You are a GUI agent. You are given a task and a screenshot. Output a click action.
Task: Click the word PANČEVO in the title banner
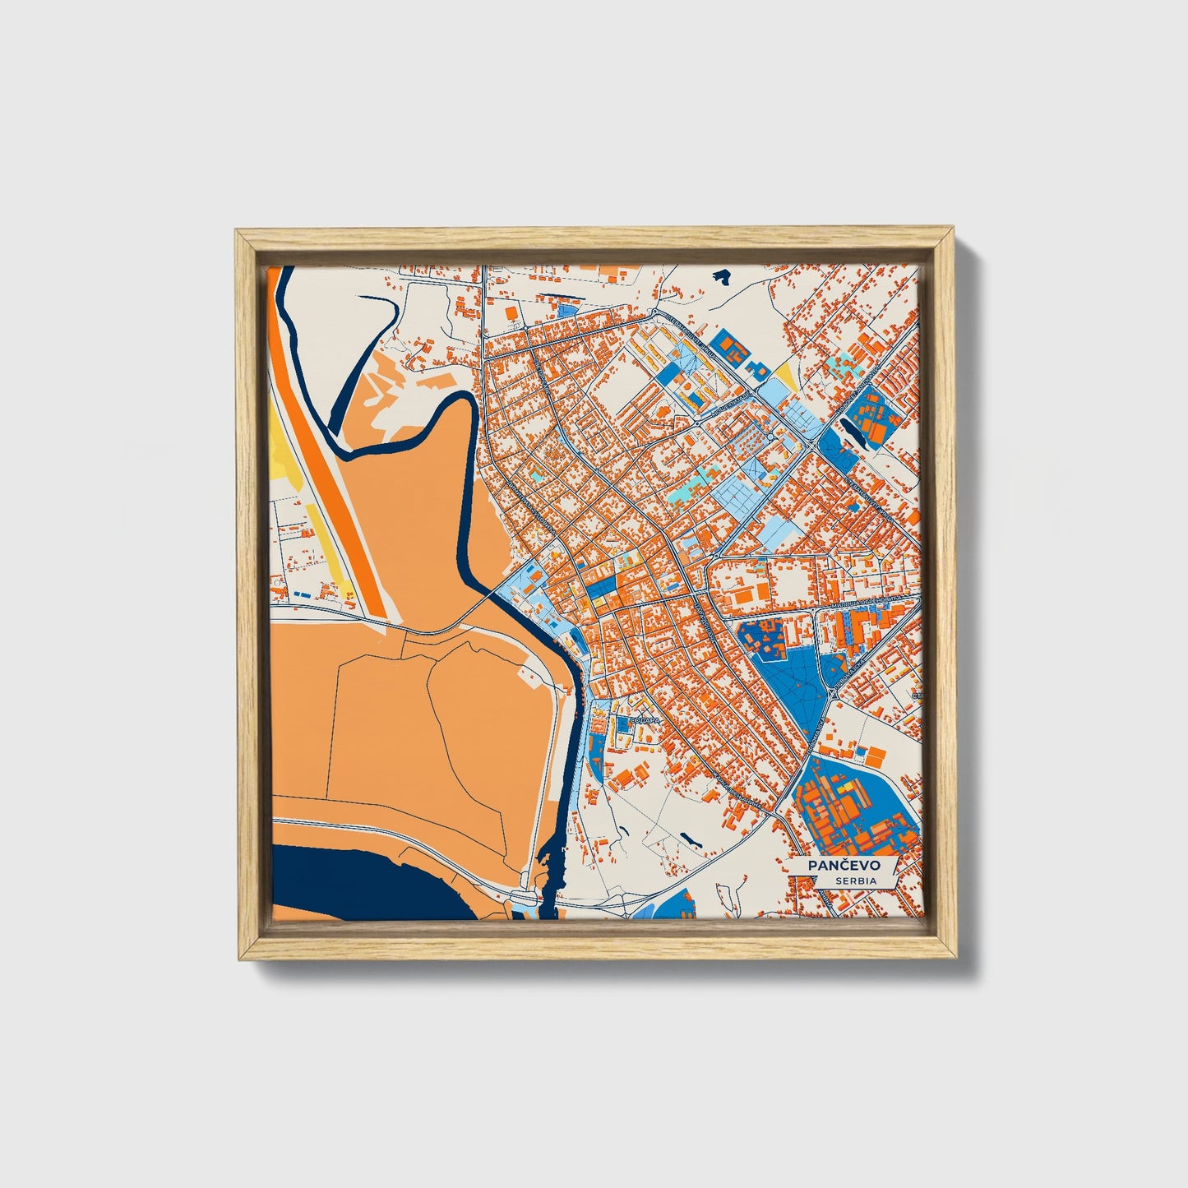click(x=844, y=866)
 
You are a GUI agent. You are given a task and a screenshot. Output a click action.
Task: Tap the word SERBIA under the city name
click(x=855, y=881)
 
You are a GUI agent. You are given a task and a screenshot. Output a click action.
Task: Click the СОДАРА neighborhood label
click(x=644, y=721)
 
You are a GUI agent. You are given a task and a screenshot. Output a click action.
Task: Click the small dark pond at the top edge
click(x=722, y=277)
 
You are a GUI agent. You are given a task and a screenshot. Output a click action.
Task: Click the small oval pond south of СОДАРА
click(x=689, y=839)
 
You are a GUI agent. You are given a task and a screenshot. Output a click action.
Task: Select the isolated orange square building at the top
click(x=511, y=313)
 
